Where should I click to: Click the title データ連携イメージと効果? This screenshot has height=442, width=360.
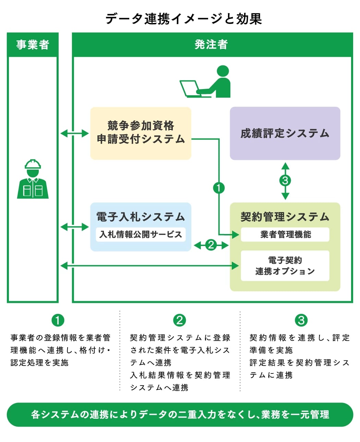coord(183,19)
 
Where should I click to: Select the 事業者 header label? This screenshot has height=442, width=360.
coord(33,45)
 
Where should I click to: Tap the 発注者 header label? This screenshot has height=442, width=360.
coord(211,45)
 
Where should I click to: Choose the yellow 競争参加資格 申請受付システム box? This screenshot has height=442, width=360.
coord(141,133)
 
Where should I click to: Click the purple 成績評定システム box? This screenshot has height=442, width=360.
coord(285,133)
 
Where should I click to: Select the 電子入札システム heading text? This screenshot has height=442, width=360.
coord(141,217)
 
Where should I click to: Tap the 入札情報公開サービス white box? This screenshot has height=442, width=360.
coord(141,234)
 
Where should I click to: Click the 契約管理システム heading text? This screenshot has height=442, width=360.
coord(285,217)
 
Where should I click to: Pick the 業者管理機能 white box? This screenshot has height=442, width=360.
coord(285,234)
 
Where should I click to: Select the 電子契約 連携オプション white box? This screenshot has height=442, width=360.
coord(285,266)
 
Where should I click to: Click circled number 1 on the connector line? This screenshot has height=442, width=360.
coord(219,188)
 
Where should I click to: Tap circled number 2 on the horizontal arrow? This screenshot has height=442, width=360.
coord(211,245)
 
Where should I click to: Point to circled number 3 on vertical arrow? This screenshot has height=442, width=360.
coord(285,181)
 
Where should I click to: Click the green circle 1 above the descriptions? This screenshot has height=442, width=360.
coord(58,320)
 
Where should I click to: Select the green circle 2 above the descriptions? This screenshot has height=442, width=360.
coord(179,320)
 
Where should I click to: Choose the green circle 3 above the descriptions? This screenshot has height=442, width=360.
coord(301,320)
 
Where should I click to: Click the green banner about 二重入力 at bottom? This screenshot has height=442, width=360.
coord(180,415)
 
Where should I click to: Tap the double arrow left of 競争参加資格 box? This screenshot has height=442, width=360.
coord(74,133)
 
